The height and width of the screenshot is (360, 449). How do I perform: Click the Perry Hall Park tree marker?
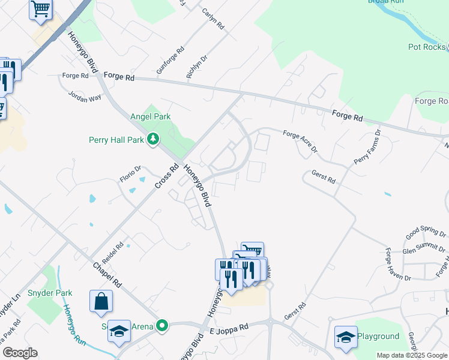(x=154, y=140)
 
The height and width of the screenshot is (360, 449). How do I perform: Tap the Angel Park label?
(x=151, y=117)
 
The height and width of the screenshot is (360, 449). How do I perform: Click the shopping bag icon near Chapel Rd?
(x=101, y=302)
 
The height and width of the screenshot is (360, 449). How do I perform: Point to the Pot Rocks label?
(x=427, y=47)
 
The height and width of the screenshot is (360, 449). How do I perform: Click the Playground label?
(x=379, y=337)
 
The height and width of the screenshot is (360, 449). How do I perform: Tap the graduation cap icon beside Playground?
(x=346, y=338)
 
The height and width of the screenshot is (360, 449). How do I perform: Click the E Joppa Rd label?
(x=229, y=328)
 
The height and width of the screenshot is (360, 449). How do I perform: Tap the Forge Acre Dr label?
(x=300, y=143)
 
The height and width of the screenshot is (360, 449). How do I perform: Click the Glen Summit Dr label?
(x=424, y=247)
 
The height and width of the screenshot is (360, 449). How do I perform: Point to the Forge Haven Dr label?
(x=398, y=265)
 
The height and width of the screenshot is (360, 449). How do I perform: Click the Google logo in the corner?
(x=20, y=353)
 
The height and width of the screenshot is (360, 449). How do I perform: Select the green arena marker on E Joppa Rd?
(x=161, y=326)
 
